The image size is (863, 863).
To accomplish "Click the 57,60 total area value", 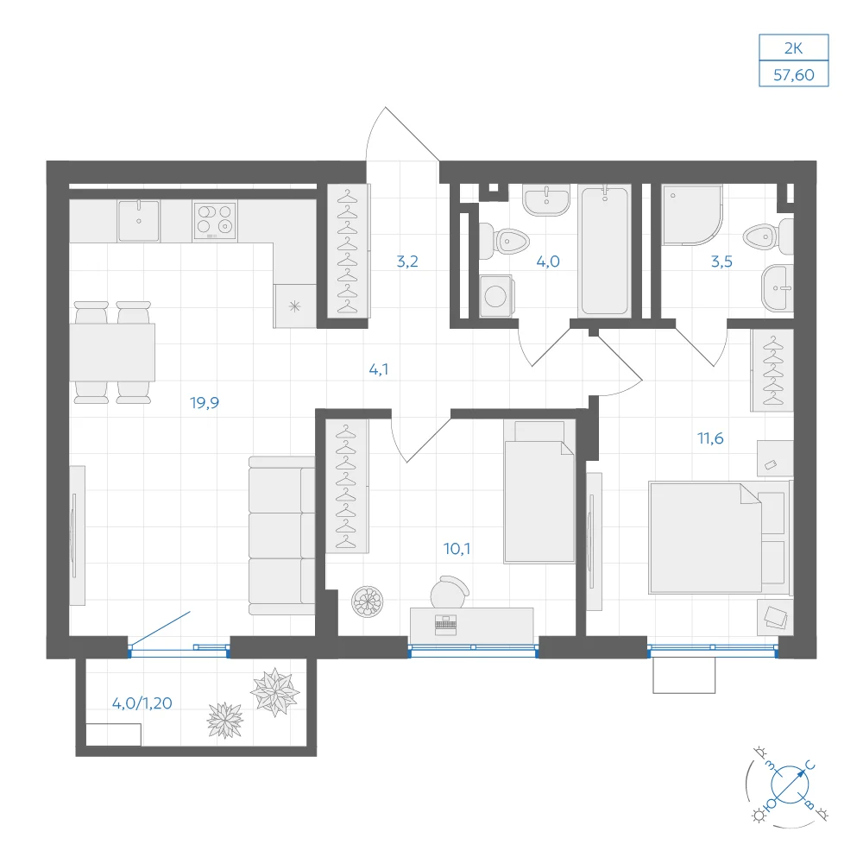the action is tap(794, 75).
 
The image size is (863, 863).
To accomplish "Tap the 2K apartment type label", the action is tap(794, 48).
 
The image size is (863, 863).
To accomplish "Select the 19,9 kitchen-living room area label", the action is tap(205, 403).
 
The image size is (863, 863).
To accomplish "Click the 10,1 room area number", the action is tap(457, 549).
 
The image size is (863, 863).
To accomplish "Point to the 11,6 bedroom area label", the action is tap(710, 438).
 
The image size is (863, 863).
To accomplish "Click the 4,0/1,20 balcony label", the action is tap(142, 703).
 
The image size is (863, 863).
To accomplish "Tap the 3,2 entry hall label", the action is tap(407, 261).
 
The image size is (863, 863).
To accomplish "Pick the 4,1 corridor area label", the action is tap(379, 369).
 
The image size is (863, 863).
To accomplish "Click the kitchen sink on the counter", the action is tap(139, 220).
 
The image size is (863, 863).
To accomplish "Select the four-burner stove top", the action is tap(215, 220).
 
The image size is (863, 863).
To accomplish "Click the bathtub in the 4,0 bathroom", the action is tap(605, 251).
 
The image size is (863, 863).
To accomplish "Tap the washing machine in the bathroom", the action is tap(496, 296).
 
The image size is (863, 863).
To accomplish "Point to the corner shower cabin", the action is tap(692, 215).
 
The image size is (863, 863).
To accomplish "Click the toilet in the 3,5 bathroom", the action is tap(768, 237).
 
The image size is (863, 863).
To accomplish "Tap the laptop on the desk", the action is tap(445, 625).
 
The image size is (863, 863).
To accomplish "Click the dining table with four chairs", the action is tap(112, 352).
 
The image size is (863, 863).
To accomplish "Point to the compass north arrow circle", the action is tap(790, 784).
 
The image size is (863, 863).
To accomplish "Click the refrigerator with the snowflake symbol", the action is tap(295, 306).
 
